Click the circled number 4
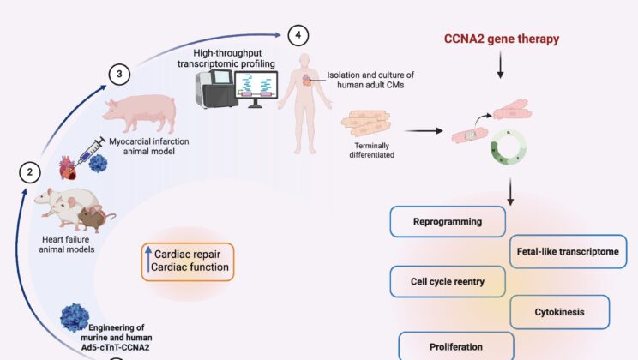coord(298,35)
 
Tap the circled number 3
coord(120,75)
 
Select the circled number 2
coord(30,172)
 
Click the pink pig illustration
coord(139,114)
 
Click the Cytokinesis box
coord(560,312)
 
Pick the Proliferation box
coord(456,346)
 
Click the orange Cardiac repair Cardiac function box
coord(188,261)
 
